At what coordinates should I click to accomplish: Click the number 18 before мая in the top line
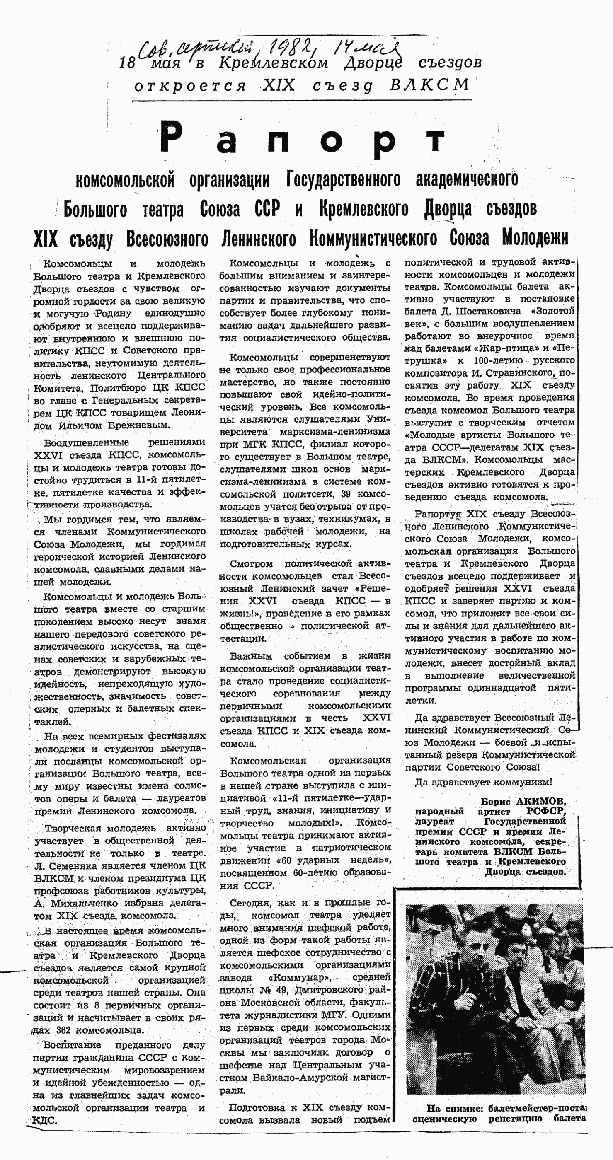pyautogui.click(x=128, y=63)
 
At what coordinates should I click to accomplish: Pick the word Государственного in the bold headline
pyautogui.click(x=343, y=179)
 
